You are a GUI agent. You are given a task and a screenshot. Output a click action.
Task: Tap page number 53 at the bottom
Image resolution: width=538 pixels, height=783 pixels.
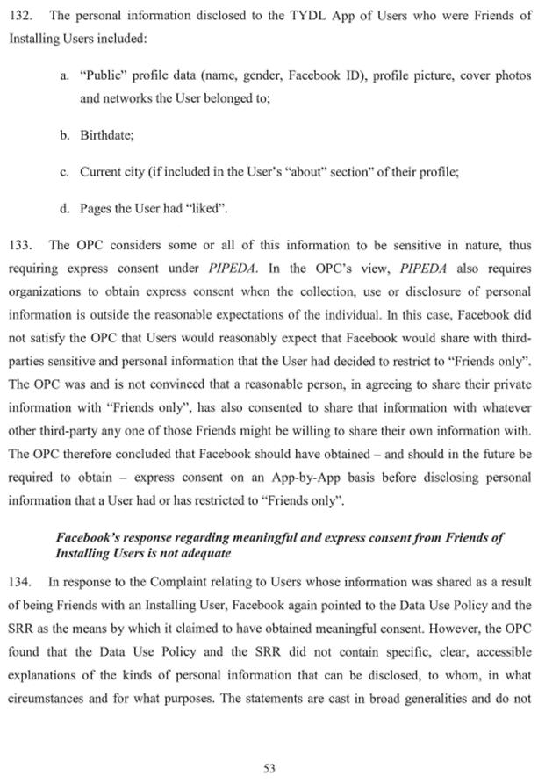tap(269, 768)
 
